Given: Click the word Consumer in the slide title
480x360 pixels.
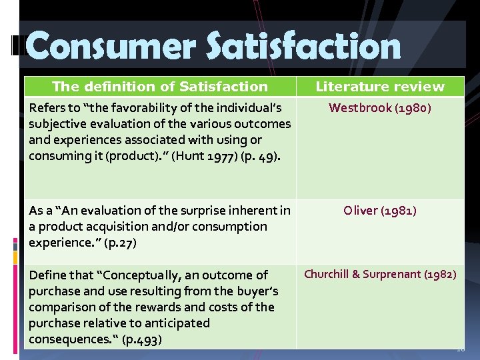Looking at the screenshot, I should point(109,47).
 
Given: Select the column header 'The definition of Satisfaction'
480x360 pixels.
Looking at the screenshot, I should point(160,86).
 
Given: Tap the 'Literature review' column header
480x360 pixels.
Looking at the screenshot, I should point(380,86).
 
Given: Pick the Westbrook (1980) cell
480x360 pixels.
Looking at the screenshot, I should point(380,108).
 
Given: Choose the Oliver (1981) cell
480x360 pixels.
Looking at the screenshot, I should point(380,211).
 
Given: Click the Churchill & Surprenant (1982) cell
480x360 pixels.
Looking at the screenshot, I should point(380,274).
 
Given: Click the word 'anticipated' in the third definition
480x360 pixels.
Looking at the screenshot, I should point(177,323).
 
